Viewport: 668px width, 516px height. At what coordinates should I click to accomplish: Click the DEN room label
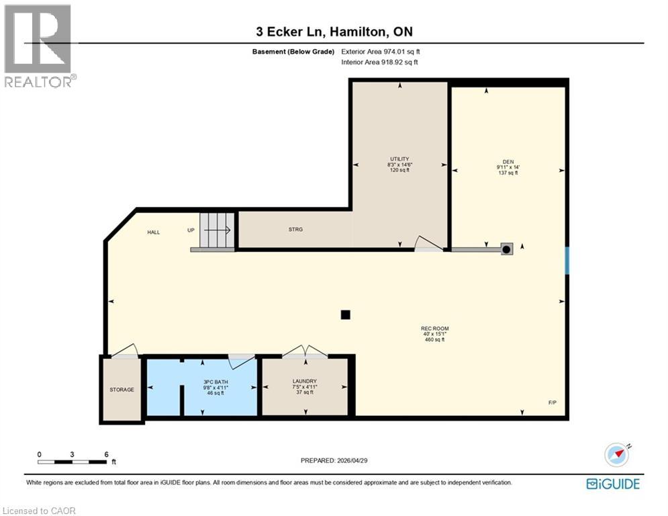tap(507, 167)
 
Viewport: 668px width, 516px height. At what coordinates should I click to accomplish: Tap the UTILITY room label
tap(399, 159)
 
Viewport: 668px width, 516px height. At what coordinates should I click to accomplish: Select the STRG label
tap(295, 230)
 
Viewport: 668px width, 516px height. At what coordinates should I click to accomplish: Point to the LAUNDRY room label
tap(304, 381)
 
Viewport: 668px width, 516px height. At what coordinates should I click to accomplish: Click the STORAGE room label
tap(122, 390)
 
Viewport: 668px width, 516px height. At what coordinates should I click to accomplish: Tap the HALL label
tap(154, 232)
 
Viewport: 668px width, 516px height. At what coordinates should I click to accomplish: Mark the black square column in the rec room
tap(345, 314)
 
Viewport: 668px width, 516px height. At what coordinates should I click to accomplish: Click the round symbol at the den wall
tap(507, 249)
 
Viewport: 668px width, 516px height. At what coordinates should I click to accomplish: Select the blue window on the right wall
tap(567, 261)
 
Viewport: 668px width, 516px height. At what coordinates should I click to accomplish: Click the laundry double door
tap(304, 352)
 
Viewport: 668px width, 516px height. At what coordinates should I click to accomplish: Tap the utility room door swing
tap(427, 244)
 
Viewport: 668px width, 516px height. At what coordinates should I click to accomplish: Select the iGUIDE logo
tap(612, 484)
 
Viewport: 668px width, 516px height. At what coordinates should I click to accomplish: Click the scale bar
tap(73, 462)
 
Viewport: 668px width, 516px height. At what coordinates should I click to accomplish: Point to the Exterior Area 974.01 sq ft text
tap(381, 51)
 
